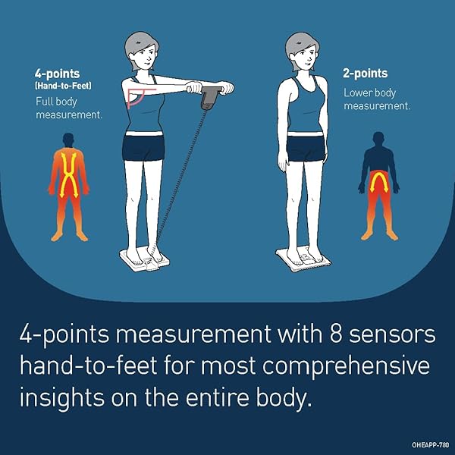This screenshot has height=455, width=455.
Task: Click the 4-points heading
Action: (x=57, y=74)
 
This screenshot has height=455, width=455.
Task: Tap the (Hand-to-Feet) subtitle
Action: (x=63, y=86)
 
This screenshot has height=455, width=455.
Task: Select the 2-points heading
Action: (x=365, y=74)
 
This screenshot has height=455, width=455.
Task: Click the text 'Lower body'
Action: (x=370, y=93)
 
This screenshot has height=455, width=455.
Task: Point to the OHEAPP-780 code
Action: (x=430, y=445)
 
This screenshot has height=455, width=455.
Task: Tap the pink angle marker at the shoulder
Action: (x=137, y=98)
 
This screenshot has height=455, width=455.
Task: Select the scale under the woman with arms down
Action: (x=303, y=258)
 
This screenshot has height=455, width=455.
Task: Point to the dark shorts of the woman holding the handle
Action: (x=143, y=148)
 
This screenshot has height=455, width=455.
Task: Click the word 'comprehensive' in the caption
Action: (x=346, y=367)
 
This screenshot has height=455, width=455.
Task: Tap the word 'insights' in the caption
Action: (x=61, y=397)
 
